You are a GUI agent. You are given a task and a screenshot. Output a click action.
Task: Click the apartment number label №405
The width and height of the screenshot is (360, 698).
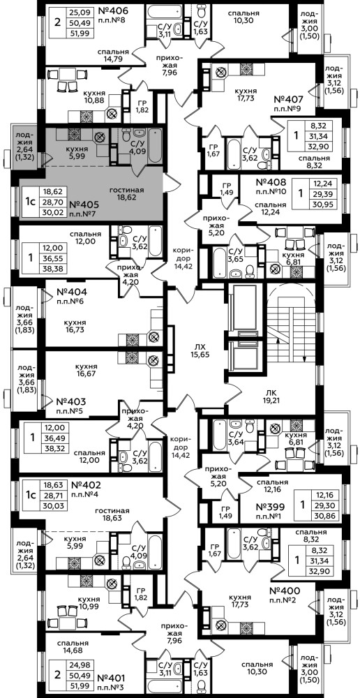point(85,206)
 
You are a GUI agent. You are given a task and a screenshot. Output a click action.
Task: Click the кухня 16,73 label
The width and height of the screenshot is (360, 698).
point(75,326)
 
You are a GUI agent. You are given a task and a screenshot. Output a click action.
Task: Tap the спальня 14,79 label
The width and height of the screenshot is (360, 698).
point(114,54)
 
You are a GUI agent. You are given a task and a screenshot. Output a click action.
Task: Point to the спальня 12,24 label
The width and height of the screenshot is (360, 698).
point(271,208)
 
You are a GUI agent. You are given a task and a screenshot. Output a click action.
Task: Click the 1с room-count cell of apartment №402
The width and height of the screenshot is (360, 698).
point(30,495)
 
